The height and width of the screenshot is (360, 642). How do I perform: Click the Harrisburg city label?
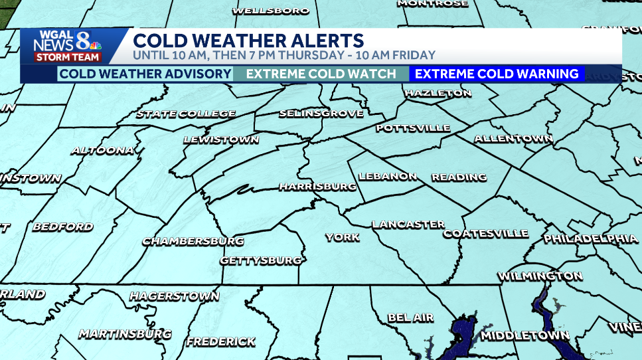click(x=317, y=187)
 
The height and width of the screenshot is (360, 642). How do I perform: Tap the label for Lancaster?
click(x=408, y=225)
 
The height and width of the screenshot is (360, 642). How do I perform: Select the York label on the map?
click(x=342, y=237)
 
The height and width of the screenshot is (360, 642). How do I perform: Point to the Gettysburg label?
click(x=261, y=260)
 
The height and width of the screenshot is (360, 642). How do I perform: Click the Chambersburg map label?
click(x=193, y=241)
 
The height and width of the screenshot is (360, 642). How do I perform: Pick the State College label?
click(x=186, y=114)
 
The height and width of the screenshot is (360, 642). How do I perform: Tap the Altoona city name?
click(x=103, y=150)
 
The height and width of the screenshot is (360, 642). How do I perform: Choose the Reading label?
click(x=459, y=177)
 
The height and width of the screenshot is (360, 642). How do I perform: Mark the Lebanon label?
click(x=388, y=177)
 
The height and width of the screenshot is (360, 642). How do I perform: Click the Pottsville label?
click(x=412, y=128)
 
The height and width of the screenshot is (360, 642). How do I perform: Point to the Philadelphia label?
click(x=590, y=238)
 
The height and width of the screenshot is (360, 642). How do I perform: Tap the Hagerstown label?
click(x=174, y=296)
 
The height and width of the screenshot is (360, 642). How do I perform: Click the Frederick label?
click(x=220, y=342)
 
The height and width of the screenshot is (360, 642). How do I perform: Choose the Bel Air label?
click(x=410, y=318)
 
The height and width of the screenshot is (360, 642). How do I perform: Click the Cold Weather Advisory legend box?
click(x=145, y=74)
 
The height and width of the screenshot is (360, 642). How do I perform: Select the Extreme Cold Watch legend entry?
click(x=321, y=74)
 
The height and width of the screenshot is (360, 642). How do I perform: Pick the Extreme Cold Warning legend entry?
click(x=497, y=74)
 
